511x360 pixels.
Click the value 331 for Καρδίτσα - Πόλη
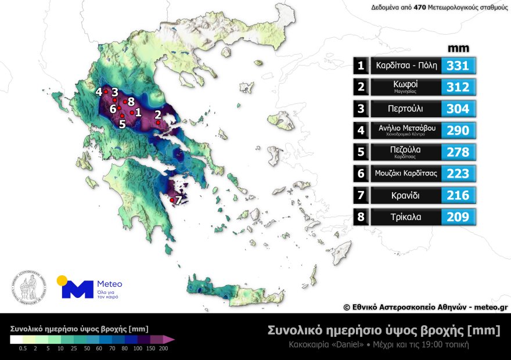pos(458,65)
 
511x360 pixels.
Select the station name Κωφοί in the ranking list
pos(405,85)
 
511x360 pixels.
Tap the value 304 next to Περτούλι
pos(458,109)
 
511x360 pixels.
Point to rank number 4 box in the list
pos(361,130)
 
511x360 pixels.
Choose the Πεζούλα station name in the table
pos(405,150)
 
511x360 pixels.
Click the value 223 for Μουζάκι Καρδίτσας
pos(458,173)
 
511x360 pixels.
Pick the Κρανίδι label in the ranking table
pos(405,195)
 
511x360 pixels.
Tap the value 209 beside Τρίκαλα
pos(458,217)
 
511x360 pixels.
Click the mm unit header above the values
pos(458,48)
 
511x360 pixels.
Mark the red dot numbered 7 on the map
pos(172,201)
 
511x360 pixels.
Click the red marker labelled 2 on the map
pos(158,122)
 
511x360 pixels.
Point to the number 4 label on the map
pos(99,92)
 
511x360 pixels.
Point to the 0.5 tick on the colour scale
pos(23,348)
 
